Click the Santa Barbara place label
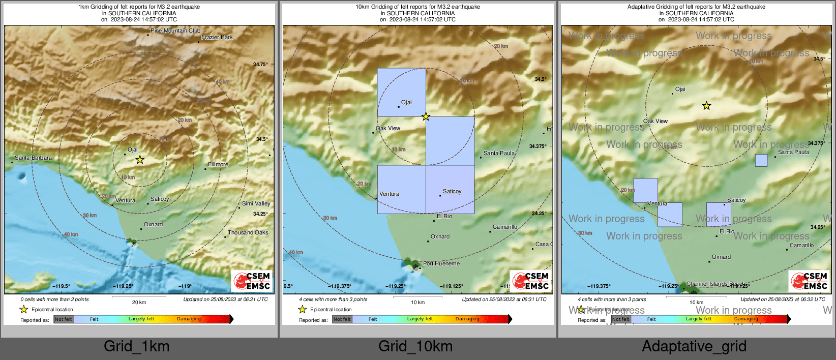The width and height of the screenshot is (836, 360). click(33, 158)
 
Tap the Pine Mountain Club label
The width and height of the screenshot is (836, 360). click(175, 31)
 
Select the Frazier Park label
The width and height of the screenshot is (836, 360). click(217, 37)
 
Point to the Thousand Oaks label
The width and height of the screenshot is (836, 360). click(248, 232)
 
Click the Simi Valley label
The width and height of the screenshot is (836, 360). click(256, 203)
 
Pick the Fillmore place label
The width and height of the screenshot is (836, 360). click(218, 164)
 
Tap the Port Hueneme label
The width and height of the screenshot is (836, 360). click(441, 263)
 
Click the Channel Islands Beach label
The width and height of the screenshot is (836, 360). click(716, 284)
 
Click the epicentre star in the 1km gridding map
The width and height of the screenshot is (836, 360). click(140, 160)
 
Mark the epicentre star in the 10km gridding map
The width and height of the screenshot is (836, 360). click(426, 117)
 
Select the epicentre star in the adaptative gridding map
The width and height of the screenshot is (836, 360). click(706, 106)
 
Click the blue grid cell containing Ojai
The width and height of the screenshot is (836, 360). click(401, 92)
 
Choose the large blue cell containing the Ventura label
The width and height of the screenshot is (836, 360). click(401, 189)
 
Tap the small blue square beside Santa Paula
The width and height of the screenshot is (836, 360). click(761, 160)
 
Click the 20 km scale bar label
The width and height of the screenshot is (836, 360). click(139, 302)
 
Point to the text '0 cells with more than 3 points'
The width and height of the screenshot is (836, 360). click(54, 299)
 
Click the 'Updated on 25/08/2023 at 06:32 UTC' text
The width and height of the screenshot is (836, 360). click(783, 299)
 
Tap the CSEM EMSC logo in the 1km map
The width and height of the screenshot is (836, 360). click(251, 281)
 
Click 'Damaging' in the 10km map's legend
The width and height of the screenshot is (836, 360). click(467, 319)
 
